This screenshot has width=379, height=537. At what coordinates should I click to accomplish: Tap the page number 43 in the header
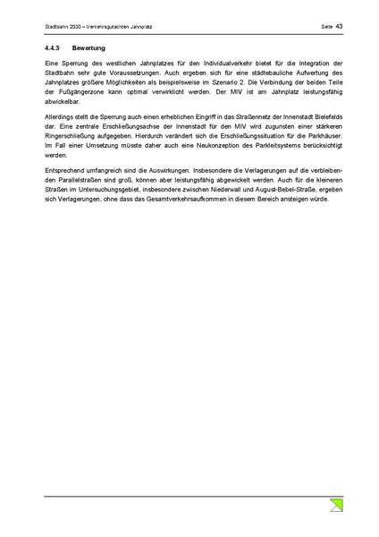pyautogui.click(x=340, y=27)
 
